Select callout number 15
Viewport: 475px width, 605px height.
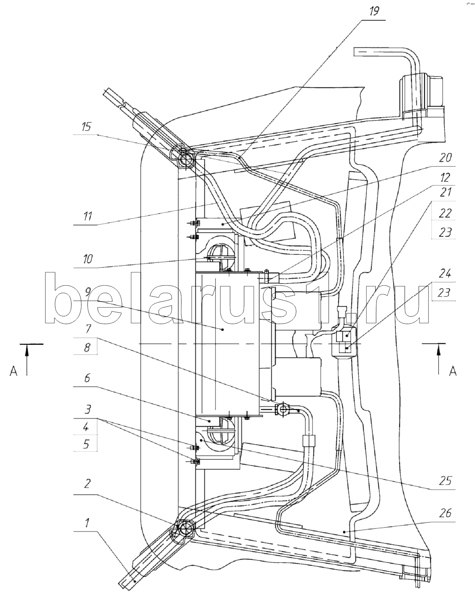coord(86,127)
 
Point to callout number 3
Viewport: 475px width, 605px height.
coord(87,410)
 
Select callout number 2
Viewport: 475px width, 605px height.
coord(87,484)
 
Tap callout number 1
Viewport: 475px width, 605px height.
coord(87,524)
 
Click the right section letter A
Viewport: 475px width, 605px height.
coord(452,371)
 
